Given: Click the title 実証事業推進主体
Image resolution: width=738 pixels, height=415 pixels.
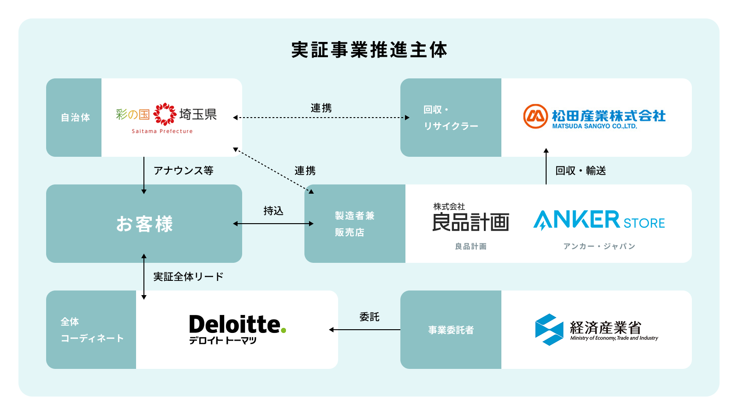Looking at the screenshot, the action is click(369, 50).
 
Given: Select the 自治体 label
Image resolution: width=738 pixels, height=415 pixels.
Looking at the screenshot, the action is click(75, 118).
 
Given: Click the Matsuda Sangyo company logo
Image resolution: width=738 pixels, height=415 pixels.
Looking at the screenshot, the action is click(595, 118).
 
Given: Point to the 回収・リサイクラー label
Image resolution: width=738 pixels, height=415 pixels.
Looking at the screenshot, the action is click(450, 118).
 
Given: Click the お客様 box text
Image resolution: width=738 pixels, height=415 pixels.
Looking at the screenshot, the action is click(144, 224).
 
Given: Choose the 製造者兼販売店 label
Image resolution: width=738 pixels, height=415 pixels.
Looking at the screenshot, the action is click(354, 224).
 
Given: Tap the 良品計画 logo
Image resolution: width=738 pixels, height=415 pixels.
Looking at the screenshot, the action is click(470, 219).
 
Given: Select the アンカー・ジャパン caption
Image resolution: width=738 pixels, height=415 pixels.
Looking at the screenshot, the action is click(599, 246).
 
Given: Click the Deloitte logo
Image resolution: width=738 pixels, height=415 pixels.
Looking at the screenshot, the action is click(237, 329).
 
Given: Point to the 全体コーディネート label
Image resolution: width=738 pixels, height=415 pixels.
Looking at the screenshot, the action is click(91, 330).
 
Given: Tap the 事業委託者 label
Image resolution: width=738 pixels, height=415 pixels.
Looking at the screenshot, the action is click(451, 330).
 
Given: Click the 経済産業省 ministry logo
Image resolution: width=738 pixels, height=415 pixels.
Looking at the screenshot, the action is click(596, 329).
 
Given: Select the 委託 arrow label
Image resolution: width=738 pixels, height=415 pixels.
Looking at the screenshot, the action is click(369, 317).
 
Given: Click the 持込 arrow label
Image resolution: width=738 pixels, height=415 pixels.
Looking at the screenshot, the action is click(274, 211).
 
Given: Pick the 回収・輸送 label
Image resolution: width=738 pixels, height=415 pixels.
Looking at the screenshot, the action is click(580, 171).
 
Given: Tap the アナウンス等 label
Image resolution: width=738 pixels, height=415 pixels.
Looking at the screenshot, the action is click(183, 171).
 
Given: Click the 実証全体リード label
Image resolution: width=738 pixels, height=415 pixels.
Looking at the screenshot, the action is click(188, 277).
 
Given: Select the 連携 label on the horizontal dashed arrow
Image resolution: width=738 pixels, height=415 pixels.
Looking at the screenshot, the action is click(321, 108).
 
